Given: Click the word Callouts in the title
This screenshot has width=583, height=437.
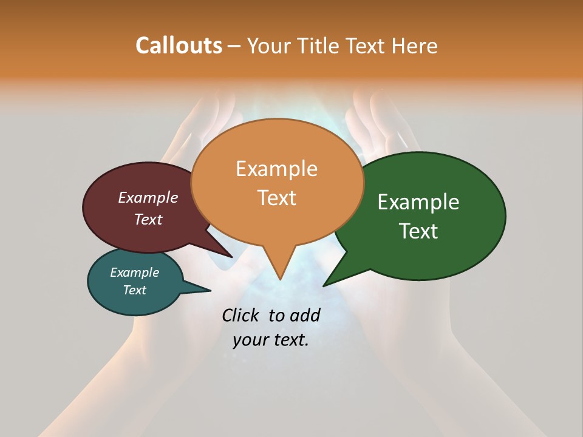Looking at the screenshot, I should (179, 46).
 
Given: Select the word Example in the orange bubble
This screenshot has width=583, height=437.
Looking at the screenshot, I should (276, 169).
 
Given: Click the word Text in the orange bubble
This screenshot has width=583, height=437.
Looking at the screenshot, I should (276, 198).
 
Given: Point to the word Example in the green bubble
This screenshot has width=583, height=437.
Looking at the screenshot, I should (418, 202).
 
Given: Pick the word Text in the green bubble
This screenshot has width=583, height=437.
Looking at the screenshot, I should (418, 231).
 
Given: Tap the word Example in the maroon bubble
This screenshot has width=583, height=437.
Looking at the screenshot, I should (148, 198).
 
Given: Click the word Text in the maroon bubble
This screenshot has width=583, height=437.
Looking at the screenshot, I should (148, 220).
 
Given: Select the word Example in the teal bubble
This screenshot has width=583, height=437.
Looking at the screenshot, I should (134, 273).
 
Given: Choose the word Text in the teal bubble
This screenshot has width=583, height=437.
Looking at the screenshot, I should (134, 290).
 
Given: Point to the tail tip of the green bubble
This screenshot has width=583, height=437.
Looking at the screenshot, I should (325, 285).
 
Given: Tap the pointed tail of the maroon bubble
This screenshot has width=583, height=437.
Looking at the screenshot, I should (231, 256).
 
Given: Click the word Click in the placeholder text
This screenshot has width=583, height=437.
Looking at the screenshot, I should (241, 316).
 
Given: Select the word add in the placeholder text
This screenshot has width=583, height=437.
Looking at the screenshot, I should (305, 316).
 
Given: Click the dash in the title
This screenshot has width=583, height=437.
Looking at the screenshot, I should (234, 46).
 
